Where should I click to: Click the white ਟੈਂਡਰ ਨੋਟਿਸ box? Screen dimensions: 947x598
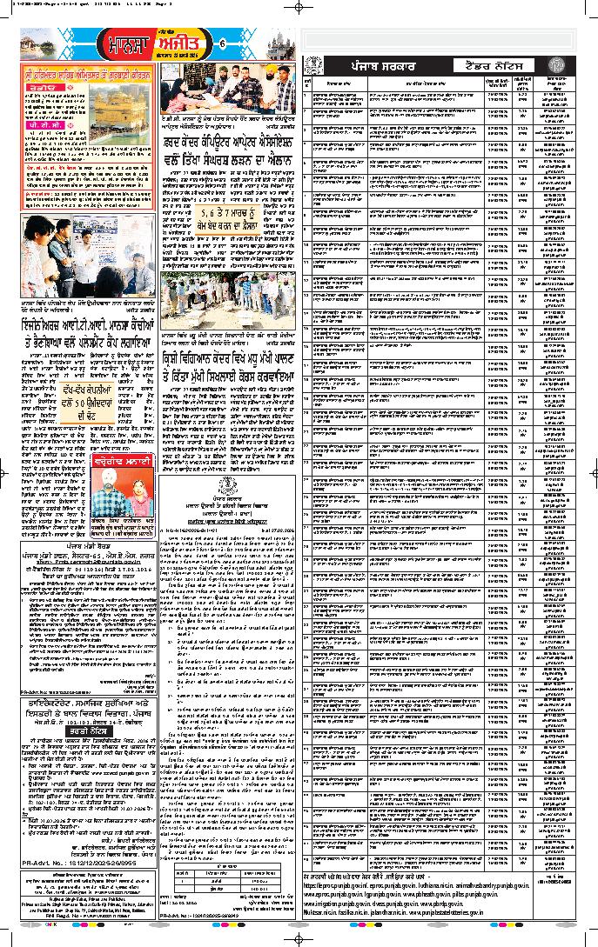coord(480,66)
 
